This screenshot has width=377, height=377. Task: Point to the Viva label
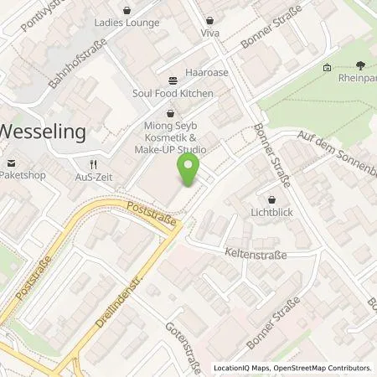[x=209, y=33]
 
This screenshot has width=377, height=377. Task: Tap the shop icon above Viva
[x=209, y=18]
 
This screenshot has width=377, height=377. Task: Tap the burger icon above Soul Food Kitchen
[x=173, y=81]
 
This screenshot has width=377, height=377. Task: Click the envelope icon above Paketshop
[x=12, y=163]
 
